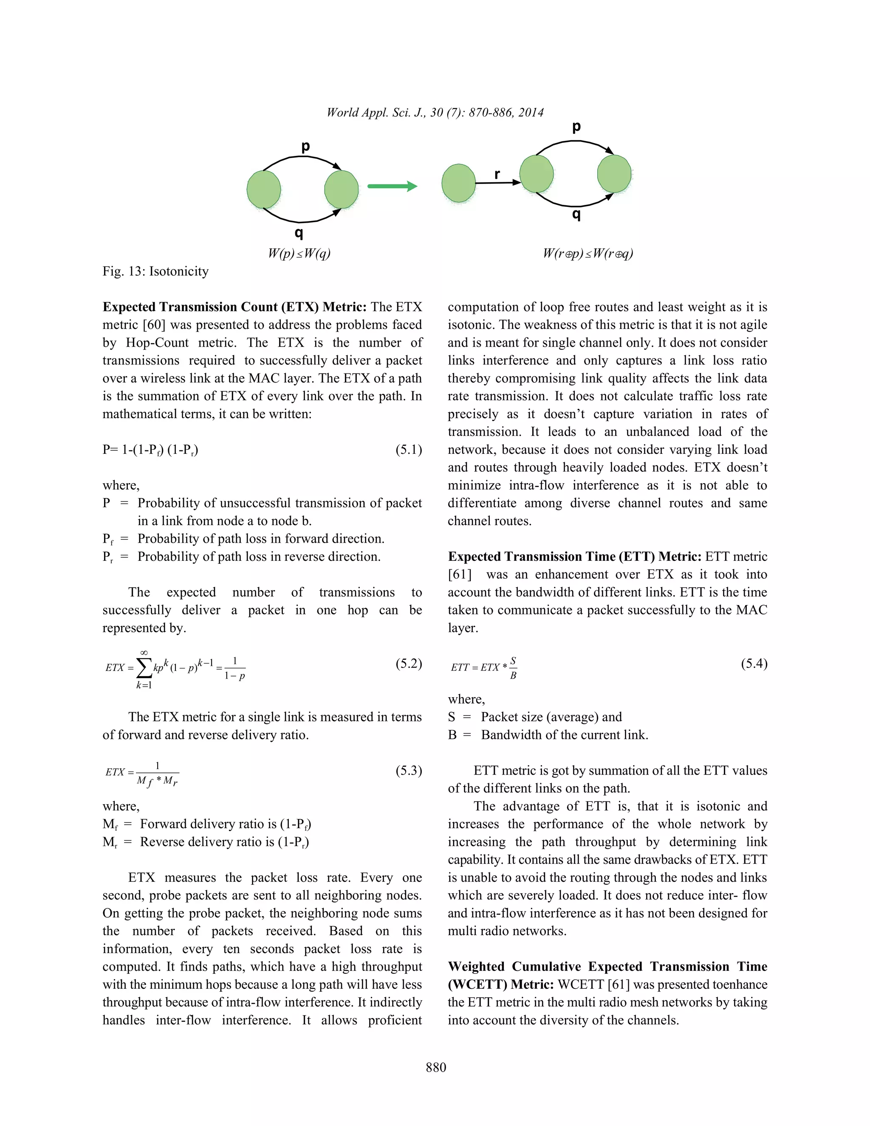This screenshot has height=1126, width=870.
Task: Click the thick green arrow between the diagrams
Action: coord(392,186)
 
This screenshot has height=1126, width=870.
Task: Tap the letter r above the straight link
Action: coord(497,174)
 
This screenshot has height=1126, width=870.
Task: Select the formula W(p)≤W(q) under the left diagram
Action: coord(299,253)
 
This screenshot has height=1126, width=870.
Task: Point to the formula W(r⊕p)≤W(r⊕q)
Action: coord(588,253)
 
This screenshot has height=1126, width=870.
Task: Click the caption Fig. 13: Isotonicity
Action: coord(155,271)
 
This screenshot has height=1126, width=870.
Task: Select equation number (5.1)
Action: coord(409,450)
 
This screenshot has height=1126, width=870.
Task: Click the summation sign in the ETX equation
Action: coord(145,668)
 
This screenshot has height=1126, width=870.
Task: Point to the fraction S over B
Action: coord(513,668)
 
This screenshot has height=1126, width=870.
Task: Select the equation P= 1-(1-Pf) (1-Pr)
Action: coord(150,450)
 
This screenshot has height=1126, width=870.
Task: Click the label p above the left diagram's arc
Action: coord(305,147)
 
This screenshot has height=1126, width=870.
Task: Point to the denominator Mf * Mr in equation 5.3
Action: coord(157,781)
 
